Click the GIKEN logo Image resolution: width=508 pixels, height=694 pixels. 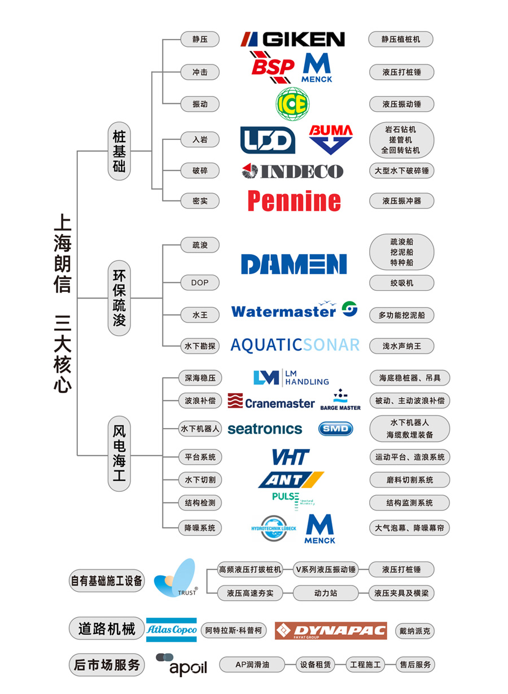pos(292,39)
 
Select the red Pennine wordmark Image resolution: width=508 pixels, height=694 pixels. pos(294,200)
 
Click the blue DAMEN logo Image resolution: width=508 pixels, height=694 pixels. pos(294,264)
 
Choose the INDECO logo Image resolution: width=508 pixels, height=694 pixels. pos(292,171)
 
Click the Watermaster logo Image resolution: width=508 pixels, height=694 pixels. pos(294,311)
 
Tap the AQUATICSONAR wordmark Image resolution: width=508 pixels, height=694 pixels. pos(295,345)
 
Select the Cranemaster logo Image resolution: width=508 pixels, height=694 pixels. pos(271,401)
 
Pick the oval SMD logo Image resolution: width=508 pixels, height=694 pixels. pos(336,429)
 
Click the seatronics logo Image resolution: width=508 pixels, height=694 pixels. pos(265,429)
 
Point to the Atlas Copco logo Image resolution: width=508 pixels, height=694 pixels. pos(172,630)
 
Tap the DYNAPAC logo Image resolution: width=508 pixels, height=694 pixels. pos(331,631)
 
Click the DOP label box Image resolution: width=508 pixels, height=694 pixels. pos(200,282)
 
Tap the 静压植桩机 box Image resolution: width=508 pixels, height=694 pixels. pos(401,40)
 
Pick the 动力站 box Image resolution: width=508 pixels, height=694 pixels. pos(326,593)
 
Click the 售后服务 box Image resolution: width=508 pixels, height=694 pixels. pos(415,665)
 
